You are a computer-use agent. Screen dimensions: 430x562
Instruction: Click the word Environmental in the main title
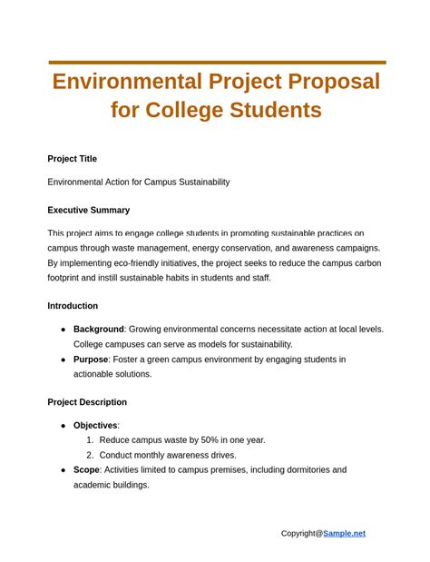click(126, 82)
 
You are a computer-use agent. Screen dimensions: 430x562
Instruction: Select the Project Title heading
click(73, 159)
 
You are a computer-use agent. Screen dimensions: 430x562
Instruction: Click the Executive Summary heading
click(89, 210)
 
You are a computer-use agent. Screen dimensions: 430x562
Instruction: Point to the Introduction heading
click(73, 306)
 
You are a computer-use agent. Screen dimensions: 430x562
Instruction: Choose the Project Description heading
click(87, 402)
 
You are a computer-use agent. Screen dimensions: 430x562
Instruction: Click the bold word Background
click(98, 330)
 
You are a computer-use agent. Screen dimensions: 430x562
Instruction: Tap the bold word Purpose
click(91, 360)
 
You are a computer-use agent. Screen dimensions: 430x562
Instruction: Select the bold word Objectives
click(95, 426)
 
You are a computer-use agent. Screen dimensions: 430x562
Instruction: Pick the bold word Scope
click(86, 470)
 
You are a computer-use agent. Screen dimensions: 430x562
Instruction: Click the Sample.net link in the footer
click(344, 533)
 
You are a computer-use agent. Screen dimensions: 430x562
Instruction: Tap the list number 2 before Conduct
click(90, 455)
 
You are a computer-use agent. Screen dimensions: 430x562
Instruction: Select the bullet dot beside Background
click(63, 330)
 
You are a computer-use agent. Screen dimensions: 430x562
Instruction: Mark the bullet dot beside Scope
click(63, 470)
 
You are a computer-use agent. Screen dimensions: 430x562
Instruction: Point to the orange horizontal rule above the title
click(217, 63)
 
